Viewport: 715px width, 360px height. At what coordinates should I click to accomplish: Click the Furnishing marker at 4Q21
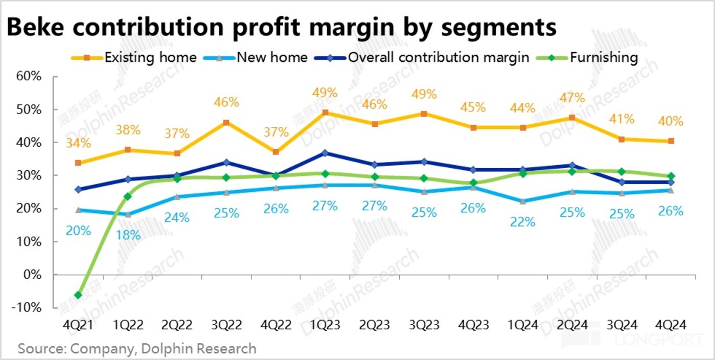point(78,295)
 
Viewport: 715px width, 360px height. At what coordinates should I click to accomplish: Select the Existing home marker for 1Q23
point(325,112)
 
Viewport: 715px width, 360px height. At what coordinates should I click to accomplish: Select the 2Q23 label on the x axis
point(375,325)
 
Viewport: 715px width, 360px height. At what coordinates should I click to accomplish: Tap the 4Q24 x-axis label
point(671,325)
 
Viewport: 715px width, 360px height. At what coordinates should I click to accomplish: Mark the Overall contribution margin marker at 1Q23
point(325,153)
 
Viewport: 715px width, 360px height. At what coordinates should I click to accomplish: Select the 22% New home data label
point(522,222)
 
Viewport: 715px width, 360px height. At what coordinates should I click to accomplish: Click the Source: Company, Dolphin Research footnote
point(137,349)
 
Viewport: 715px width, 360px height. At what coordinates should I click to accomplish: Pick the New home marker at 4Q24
point(671,190)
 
